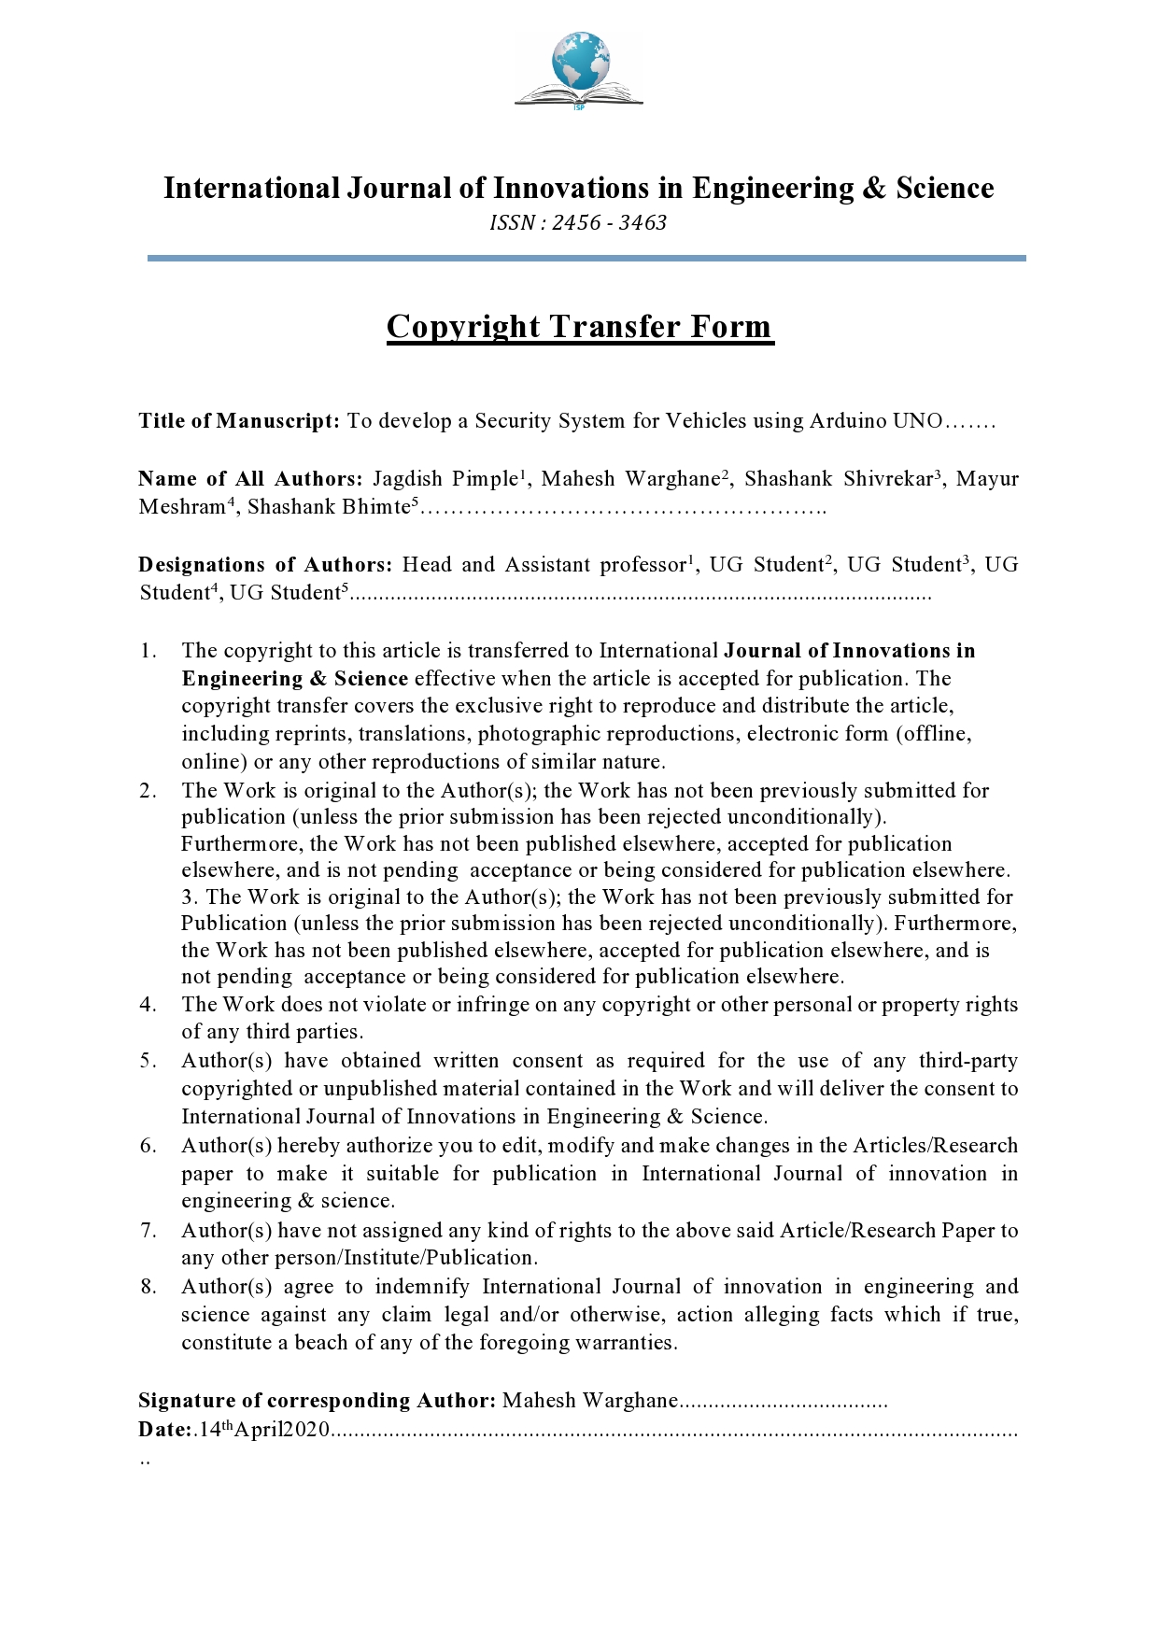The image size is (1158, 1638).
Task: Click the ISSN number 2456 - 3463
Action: point(609,223)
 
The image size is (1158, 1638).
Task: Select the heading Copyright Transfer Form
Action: point(580,327)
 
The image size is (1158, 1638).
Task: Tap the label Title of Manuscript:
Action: point(239,421)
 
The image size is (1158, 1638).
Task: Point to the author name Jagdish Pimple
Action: point(445,479)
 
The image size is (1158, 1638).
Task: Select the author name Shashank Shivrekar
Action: point(839,479)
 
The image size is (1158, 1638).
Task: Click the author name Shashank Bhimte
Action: point(329,507)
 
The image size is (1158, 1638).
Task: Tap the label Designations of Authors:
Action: point(265,565)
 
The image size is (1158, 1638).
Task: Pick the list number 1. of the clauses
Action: point(148,651)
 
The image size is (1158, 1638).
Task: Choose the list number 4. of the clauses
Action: point(148,1005)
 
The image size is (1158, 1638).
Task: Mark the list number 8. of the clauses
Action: point(148,1287)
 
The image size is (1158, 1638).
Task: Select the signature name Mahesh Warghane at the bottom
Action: point(589,1401)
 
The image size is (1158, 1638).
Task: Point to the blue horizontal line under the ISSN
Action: point(586,258)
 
